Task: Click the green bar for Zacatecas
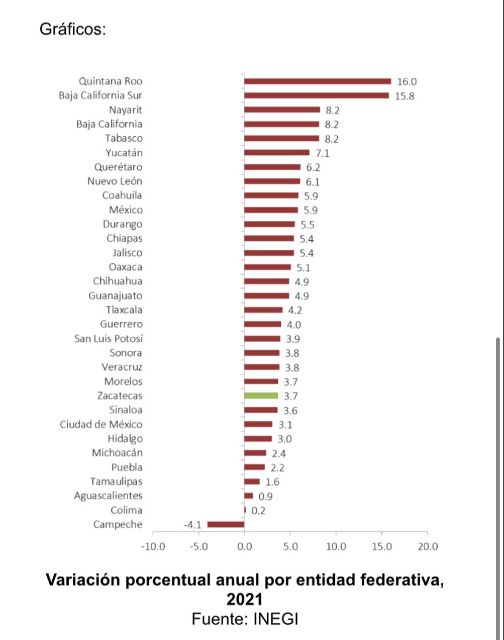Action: pyautogui.click(x=261, y=396)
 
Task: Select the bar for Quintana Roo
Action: pyautogui.click(x=317, y=81)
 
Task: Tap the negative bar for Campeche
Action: pyautogui.click(x=226, y=524)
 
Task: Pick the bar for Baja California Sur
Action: pyautogui.click(x=316, y=95)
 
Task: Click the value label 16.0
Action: pyautogui.click(x=407, y=81)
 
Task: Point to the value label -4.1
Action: pyautogui.click(x=192, y=525)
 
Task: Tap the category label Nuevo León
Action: pyautogui.click(x=115, y=181)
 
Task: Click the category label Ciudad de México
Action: pyautogui.click(x=101, y=424)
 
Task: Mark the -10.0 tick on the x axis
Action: pyautogui.click(x=153, y=546)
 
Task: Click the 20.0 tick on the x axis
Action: pyautogui.click(x=427, y=546)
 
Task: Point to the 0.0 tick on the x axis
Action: pyautogui.click(x=244, y=546)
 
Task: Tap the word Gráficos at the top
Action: pyautogui.click(x=72, y=29)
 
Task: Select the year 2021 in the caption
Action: pyautogui.click(x=244, y=599)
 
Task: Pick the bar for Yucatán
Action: pyautogui.click(x=277, y=153)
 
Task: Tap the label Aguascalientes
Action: pyautogui.click(x=108, y=496)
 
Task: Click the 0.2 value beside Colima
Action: pyautogui.click(x=258, y=511)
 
